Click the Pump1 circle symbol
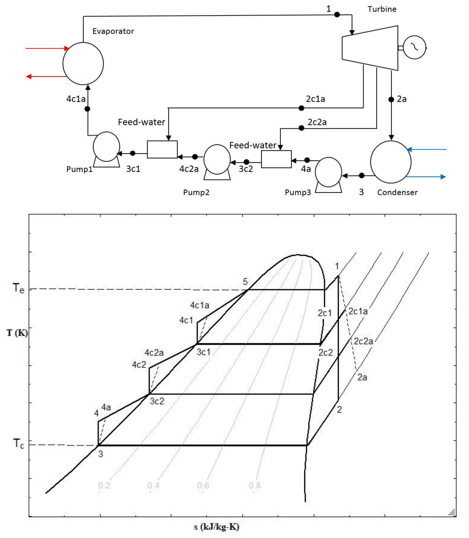point(106,147)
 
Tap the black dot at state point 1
point(337,15)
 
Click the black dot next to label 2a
point(391,99)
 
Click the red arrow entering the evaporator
point(47,48)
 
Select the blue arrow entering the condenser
point(427,149)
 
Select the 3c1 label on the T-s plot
point(204,352)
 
